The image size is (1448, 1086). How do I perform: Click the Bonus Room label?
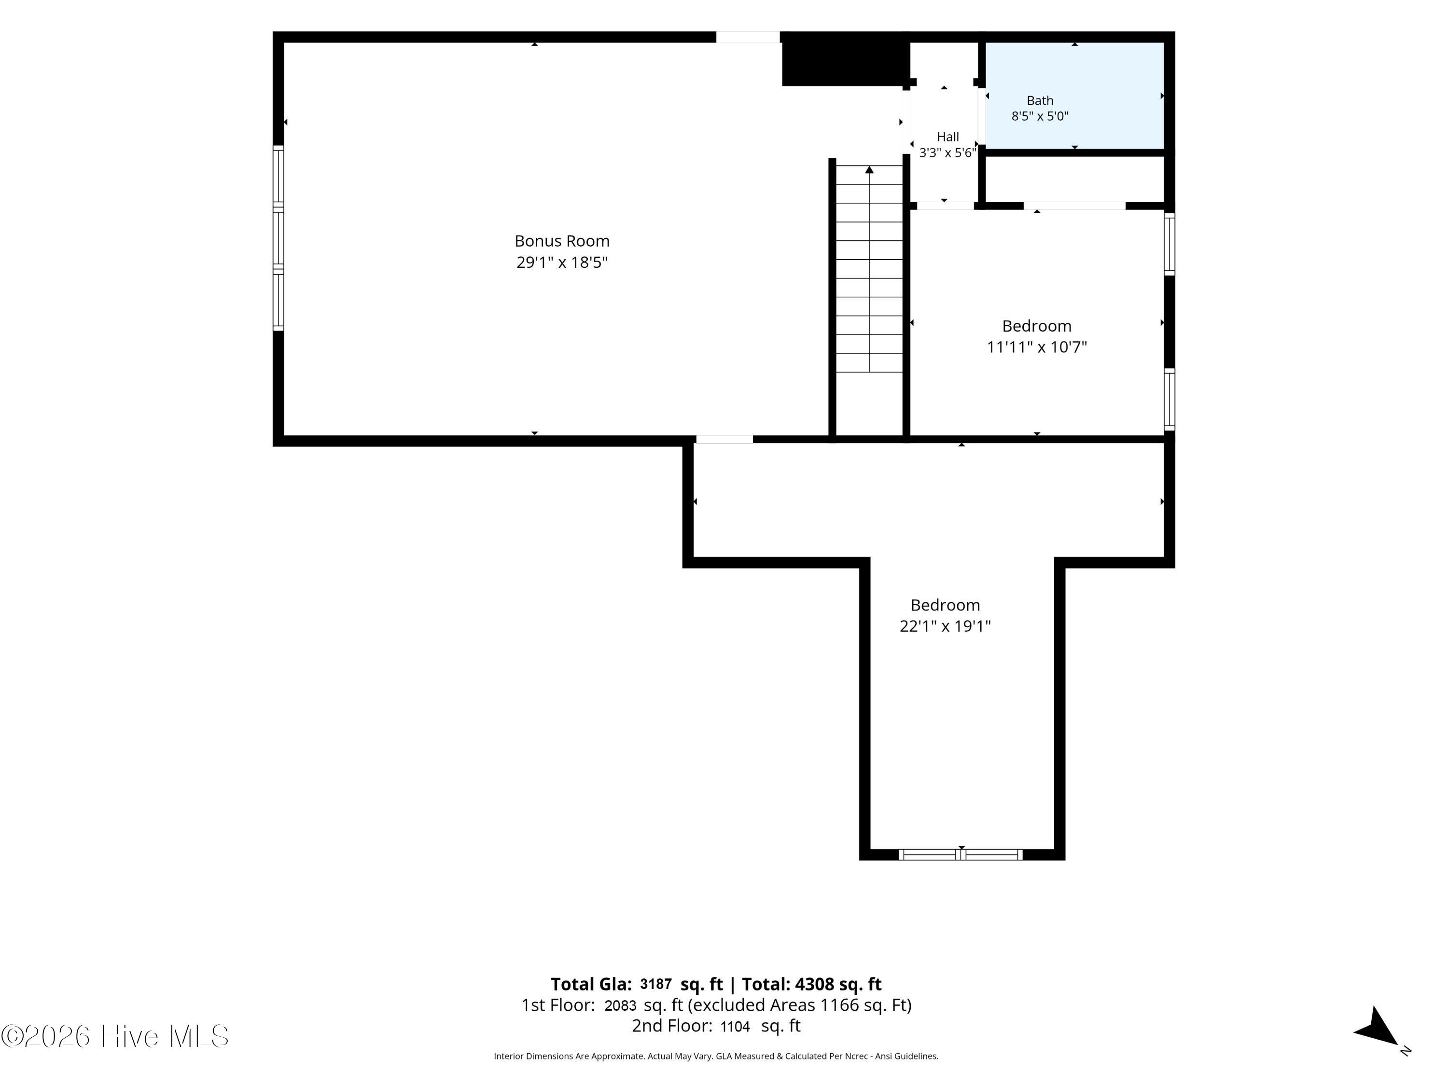[x=562, y=241]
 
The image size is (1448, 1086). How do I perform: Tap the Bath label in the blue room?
[x=1040, y=100]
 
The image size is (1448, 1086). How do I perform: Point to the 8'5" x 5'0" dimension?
[x=1040, y=116]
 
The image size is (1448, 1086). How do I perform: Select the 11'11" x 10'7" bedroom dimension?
[x=1036, y=347]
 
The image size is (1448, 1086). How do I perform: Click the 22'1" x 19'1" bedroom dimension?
[x=945, y=627]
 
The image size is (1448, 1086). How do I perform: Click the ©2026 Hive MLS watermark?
[x=115, y=1036]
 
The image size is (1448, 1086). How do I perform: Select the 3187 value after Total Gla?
[x=655, y=984]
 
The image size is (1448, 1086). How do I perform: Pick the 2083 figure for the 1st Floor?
[x=620, y=1005]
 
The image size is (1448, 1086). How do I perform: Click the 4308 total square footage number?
[x=814, y=984]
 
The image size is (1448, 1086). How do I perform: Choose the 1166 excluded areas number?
[x=839, y=1005]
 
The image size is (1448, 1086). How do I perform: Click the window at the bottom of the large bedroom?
[x=961, y=854]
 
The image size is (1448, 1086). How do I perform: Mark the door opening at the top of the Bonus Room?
[x=748, y=37]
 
